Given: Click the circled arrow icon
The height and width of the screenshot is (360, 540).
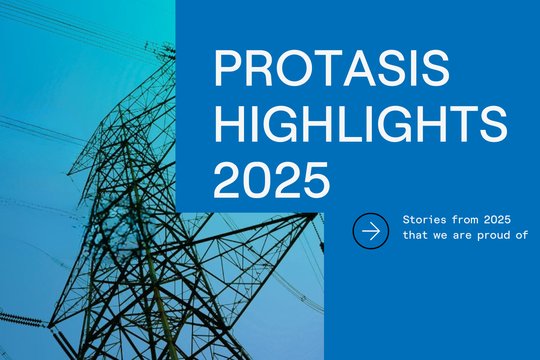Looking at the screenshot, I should [371, 231].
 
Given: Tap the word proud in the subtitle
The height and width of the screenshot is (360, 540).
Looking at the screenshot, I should [490, 237].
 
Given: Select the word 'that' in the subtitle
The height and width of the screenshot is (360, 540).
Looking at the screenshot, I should [415, 237].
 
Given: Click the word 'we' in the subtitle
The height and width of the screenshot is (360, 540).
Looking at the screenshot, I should [440, 237].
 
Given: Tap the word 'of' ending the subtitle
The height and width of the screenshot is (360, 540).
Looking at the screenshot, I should [520, 237].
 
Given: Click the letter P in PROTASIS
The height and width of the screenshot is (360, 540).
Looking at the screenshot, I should [229, 70].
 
